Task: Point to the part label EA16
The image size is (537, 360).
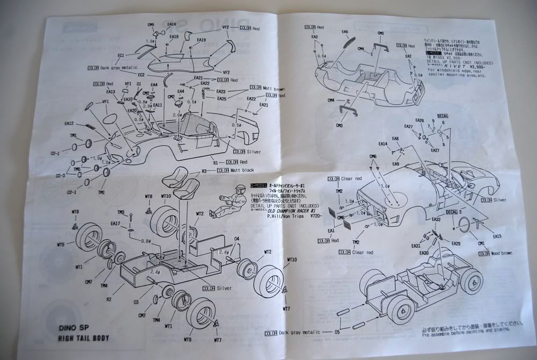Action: pyautogui.click(x=172, y=25)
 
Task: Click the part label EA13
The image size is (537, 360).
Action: pyautogui.click(x=111, y=92)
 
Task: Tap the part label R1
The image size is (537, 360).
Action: pyautogui.click(x=215, y=162)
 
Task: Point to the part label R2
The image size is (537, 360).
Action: pyautogui.click(x=109, y=299)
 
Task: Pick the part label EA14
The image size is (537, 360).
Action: pyautogui.click(x=382, y=144)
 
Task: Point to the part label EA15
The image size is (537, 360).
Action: pyautogui.click(x=497, y=236)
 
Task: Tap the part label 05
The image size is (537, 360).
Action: pyautogui.click(x=337, y=332)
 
